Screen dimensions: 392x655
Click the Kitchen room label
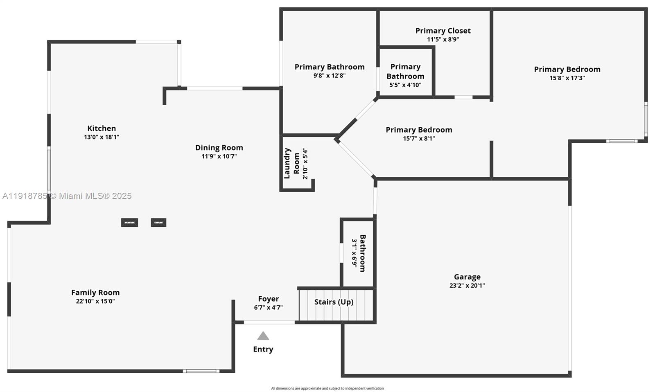pos(102,128)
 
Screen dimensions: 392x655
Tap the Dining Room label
pos(219,148)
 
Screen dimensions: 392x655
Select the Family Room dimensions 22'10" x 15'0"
pos(95,302)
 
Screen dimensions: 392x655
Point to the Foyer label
pos(269,299)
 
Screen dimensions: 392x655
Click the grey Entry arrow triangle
pos(263,336)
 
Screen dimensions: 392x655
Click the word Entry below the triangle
pos(263,349)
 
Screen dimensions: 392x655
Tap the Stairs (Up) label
pos(334,302)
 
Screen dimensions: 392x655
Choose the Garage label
pos(467,277)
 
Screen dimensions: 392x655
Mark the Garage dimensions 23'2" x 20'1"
pos(467,286)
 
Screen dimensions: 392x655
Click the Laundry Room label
pos(291,163)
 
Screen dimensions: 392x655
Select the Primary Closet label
pos(443,31)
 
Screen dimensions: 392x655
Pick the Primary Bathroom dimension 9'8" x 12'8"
pos(330,76)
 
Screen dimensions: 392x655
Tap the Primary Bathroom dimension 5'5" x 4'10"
pos(405,85)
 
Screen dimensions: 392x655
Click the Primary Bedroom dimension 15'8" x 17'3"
pos(567,78)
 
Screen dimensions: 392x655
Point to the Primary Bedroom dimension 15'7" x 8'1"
pos(419,139)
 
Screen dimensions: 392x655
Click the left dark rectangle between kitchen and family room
pos(129,223)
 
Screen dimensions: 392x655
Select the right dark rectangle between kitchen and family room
pos(158,223)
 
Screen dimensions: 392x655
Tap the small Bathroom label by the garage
pos(363,253)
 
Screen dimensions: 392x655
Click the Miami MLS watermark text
pos(67,196)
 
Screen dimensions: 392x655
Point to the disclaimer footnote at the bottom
pos(327,388)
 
